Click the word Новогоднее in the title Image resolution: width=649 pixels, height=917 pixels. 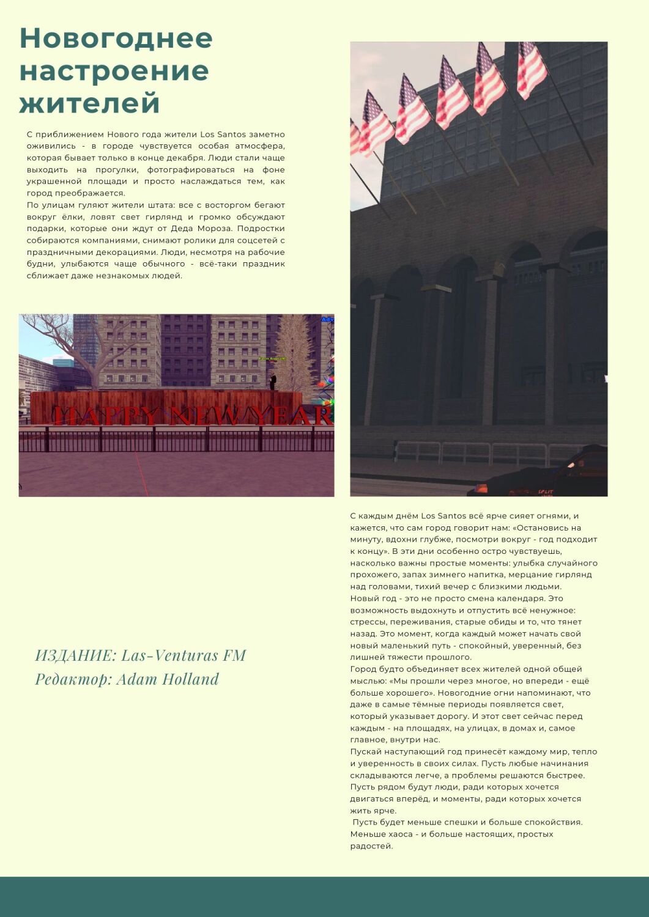pyautogui.click(x=116, y=38)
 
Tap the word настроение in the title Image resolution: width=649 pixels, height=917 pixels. pyautogui.click(x=114, y=71)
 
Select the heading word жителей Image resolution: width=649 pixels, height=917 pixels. pyautogui.click(x=89, y=103)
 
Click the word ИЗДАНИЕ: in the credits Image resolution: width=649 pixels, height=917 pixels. pyautogui.click(x=75, y=655)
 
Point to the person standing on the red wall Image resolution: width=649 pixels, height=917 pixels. pyautogui.click(x=273, y=382)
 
